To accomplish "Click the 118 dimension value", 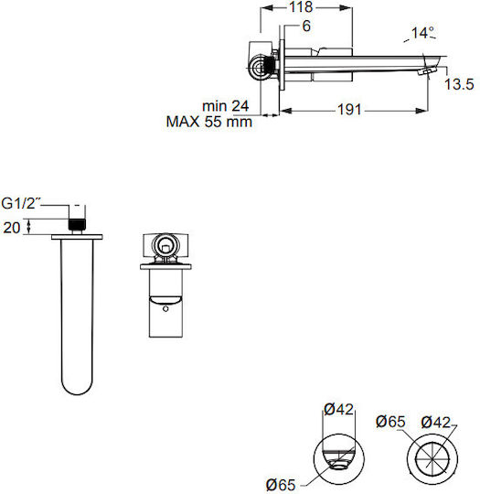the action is tap(301, 7).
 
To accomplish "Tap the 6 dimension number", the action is tap(306, 27).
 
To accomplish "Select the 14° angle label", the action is tap(422, 32).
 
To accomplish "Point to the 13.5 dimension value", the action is tap(459, 84).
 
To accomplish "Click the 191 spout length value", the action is tap(349, 110).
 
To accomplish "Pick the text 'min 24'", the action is tap(226, 106).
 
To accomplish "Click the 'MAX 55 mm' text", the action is tap(209, 122).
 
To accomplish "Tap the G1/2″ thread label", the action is tap(21, 203).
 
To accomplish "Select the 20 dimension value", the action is tap(12, 228).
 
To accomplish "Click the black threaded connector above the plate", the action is tap(77, 224).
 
